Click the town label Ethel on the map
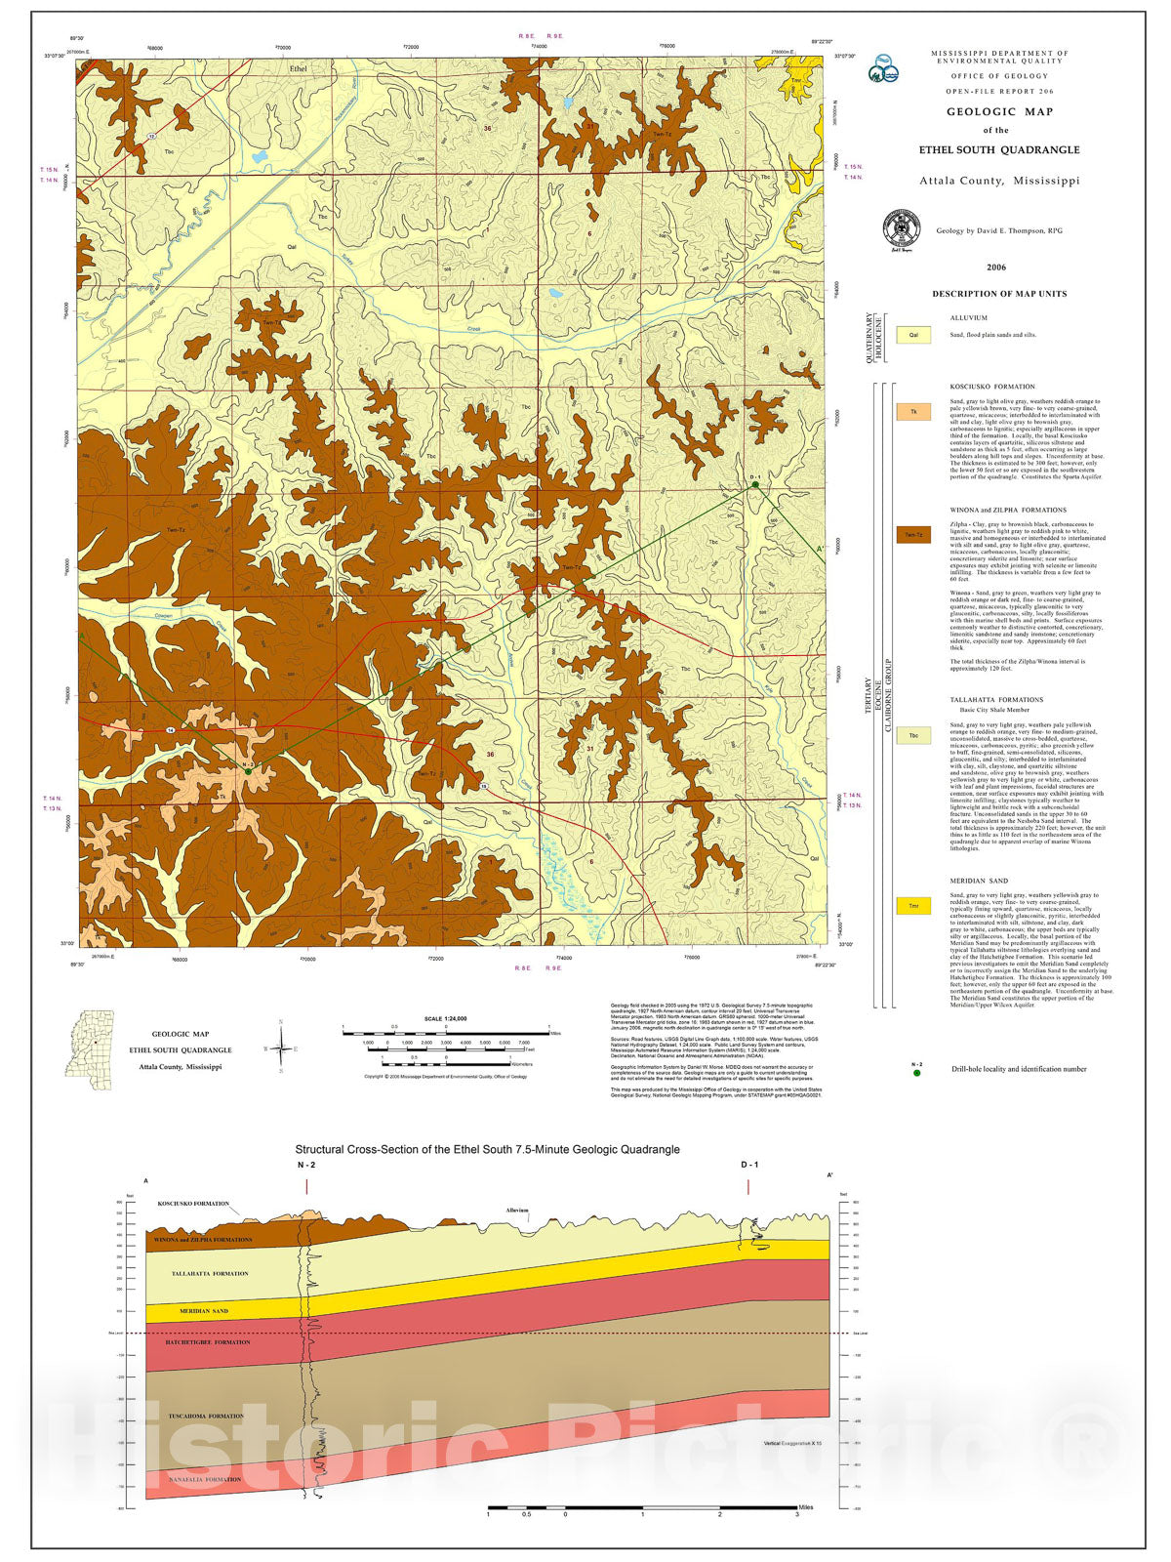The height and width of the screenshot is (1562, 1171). point(298,69)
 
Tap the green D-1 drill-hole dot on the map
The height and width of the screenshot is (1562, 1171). point(754,484)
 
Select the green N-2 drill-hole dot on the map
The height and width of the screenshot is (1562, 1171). point(248,771)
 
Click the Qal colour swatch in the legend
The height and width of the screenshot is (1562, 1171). point(913,335)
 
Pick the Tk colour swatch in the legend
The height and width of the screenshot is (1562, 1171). point(913,412)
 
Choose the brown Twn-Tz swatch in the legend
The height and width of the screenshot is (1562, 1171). point(913,535)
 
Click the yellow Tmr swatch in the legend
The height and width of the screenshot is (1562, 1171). point(913,906)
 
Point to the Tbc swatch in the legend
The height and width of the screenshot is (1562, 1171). point(913,736)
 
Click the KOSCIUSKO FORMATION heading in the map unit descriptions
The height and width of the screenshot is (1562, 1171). point(992,387)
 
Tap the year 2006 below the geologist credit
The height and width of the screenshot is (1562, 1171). point(995,267)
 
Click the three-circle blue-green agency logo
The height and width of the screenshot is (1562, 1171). point(884,67)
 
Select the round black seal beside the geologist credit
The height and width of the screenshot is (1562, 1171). point(901,229)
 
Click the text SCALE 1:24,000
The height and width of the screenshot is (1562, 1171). point(446,1018)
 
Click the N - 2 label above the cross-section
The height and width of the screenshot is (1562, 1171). point(306,1166)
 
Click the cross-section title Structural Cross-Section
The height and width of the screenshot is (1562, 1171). point(487,1150)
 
